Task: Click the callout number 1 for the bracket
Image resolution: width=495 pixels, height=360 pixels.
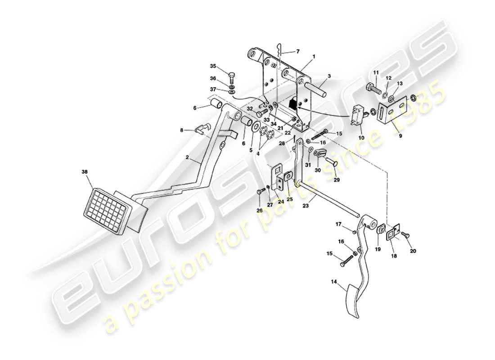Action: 314,57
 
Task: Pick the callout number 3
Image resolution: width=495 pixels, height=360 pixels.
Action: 329,77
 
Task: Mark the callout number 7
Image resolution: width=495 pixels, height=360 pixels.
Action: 297,51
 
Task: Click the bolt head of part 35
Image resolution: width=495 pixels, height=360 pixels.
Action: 231,75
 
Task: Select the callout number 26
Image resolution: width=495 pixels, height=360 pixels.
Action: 259,210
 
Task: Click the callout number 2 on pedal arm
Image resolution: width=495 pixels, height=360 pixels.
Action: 188,159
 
